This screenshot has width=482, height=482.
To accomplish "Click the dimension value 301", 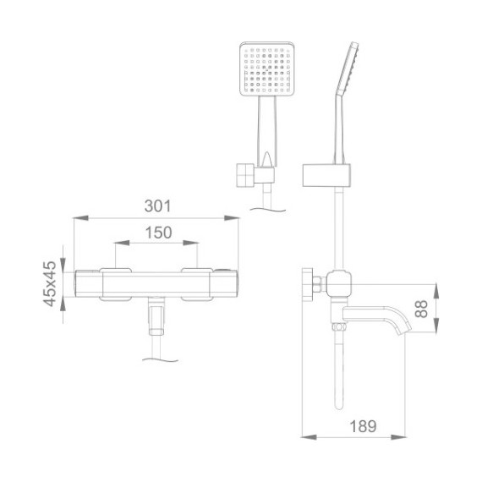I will tap(158, 205).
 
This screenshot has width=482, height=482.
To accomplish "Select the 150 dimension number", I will tap(158, 233).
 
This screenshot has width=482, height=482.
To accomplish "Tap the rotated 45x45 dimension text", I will tap(49, 283).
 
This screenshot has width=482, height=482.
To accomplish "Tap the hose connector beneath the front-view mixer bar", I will tap(157, 319).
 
